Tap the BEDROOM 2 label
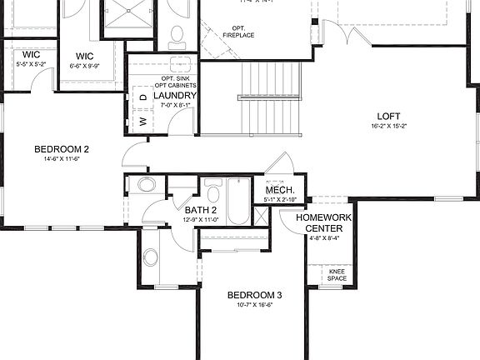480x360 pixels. tap(62, 150)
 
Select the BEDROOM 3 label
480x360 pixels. tap(255, 295)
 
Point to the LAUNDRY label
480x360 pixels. tap(174, 96)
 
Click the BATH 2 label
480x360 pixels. tap(201, 210)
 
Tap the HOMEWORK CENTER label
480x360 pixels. tap(329, 222)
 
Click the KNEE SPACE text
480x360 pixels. tap(337, 275)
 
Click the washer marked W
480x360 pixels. tap(142, 121)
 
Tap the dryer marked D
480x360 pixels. tap(142, 97)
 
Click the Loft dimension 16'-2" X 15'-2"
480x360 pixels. tap(389, 126)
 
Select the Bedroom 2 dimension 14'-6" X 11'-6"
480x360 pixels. tap(62, 160)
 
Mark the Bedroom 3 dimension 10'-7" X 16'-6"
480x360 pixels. tap(255, 305)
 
